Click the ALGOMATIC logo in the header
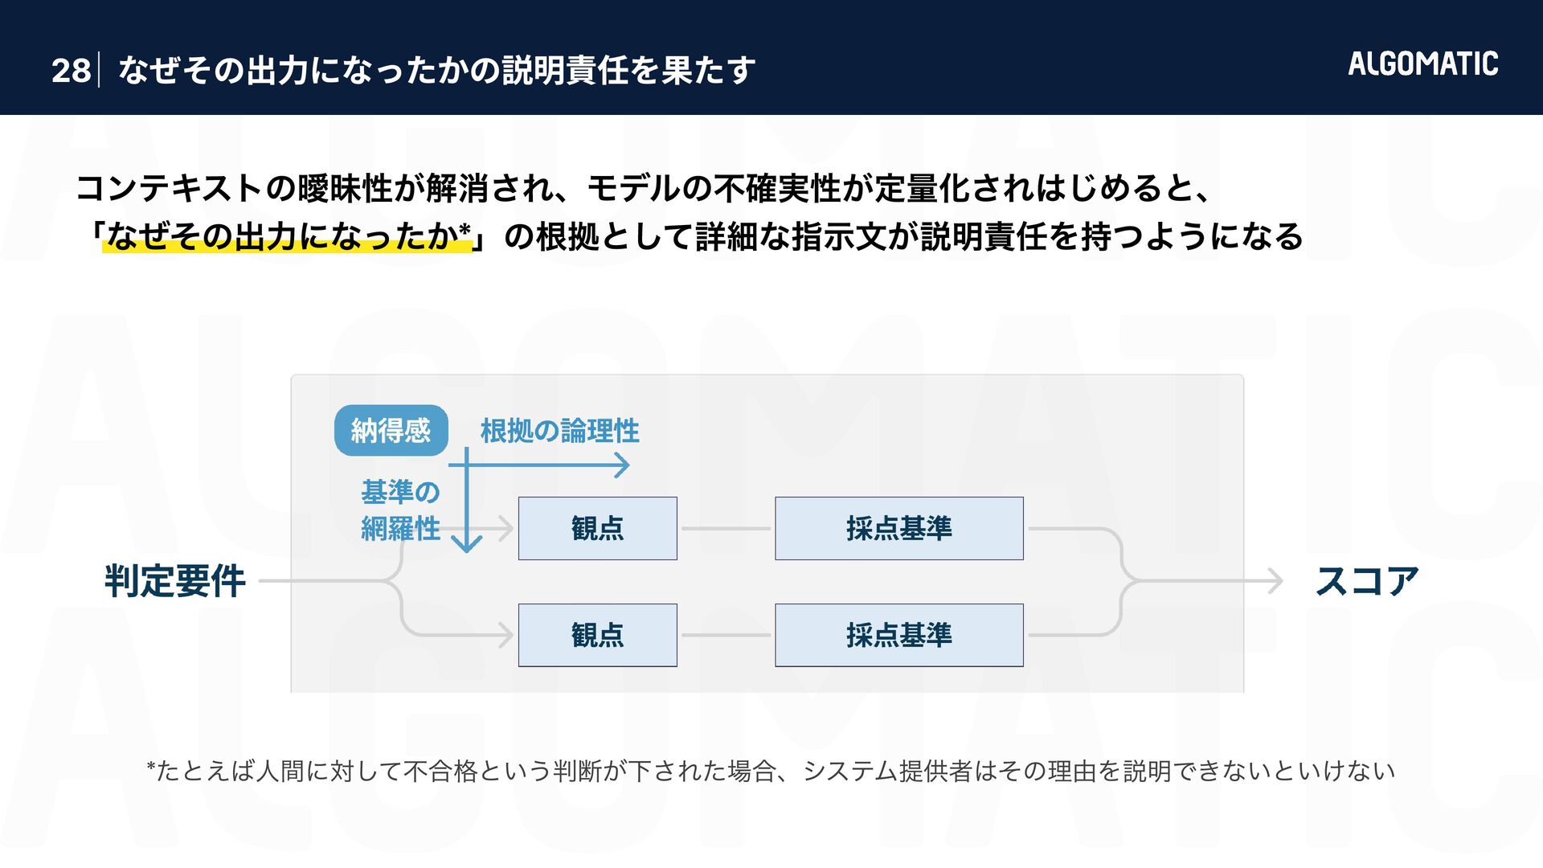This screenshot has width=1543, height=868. pyautogui.click(x=1422, y=63)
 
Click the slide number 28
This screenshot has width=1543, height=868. pyautogui.click(x=71, y=71)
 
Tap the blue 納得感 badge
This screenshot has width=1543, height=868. pyautogui.click(x=391, y=431)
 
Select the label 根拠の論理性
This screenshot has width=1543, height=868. pyautogui.click(x=559, y=431)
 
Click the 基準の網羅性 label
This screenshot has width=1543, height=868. pyautogui.click(x=400, y=510)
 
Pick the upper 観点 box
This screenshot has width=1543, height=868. pyautogui.click(x=597, y=528)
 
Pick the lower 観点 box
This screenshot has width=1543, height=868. pyautogui.click(x=597, y=635)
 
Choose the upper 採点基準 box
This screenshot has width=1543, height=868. pyautogui.click(x=898, y=528)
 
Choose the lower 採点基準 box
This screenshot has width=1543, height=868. pyautogui.click(x=898, y=635)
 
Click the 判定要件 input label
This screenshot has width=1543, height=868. pyautogui.click(x=174, y=581)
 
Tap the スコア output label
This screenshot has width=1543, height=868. pyautogui.click(x=1366, y=581)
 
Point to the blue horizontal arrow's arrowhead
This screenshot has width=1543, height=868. pyautogui.click(x=622, y=465)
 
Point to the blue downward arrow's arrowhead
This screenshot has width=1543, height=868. pyautogui.click(x=466, y=544)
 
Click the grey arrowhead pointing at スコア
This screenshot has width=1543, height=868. pyautogui.click(x=1275, y=580)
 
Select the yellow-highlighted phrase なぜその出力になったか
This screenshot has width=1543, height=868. pyautogui.click(x=281, y=236)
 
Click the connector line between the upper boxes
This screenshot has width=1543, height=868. pyautogui.click(x=726, y=528)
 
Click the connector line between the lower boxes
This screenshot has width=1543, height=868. pyautogui.click(x=726, y=635)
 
